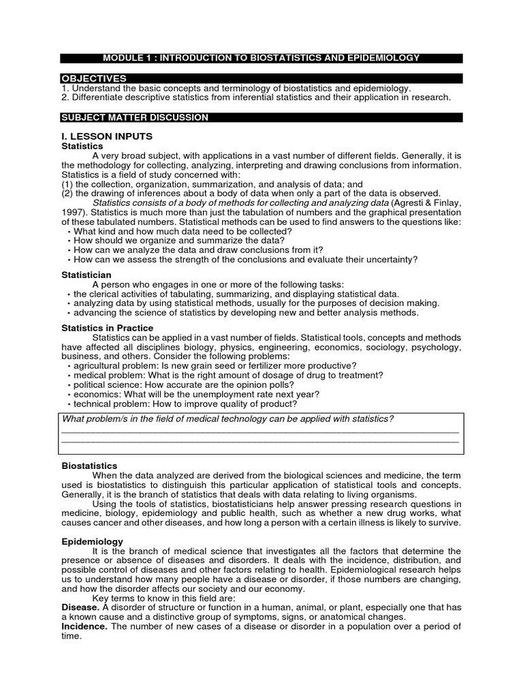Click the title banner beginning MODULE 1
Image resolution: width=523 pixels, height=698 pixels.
[261, 58]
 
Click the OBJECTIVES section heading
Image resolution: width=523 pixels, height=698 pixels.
[93, 79]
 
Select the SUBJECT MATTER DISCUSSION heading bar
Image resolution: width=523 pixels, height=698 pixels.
[135, 117]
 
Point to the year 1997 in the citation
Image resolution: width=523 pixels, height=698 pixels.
[72, 212]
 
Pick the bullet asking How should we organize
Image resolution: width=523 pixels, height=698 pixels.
[178, 241]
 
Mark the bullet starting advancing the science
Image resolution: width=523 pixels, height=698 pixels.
[246, 312]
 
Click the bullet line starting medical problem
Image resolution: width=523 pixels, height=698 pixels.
[228, 375]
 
